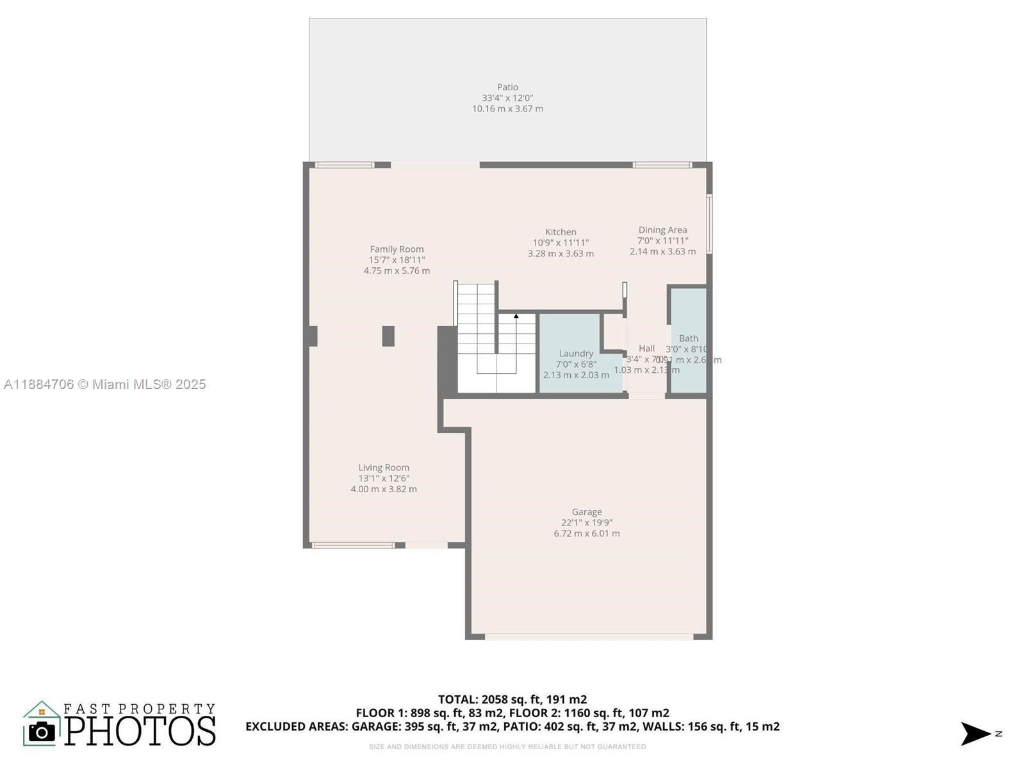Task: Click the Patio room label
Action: [507, 87]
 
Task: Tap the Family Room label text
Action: [397, 249]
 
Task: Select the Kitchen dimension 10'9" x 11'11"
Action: [561, 243]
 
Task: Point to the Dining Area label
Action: [662, 230]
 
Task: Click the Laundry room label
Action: [576, 353]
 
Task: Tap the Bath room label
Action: [689, 338]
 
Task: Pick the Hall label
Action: [646, 349]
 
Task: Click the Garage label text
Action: [587, 512]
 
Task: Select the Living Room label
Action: [384, 468]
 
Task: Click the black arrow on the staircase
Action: [516, 316]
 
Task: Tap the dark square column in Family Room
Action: [388, 336]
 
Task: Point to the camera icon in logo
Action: [42, 732]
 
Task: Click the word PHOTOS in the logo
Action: [140, 731]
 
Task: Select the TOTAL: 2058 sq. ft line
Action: [512, 699]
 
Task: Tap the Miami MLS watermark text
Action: [105, 384]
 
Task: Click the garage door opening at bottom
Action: [589, 637]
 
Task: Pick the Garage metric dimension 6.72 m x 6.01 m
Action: [587, 533]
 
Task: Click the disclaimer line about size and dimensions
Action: [507, 747]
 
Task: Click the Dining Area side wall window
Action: [710, 224]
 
